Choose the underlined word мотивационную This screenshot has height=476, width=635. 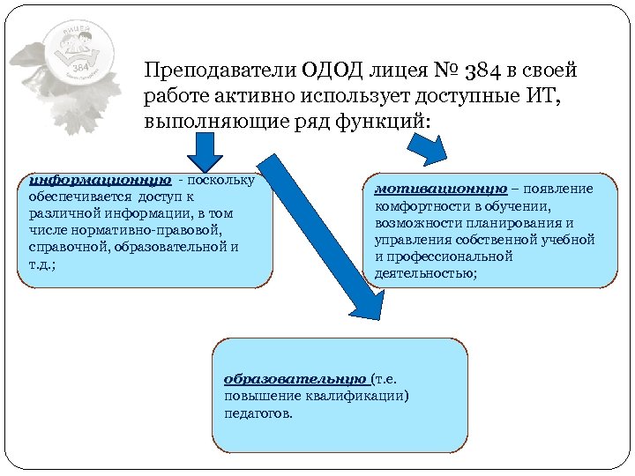click(441, 189)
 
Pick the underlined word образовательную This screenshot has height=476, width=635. click(295, 379)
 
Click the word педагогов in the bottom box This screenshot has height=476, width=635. click(257, 413)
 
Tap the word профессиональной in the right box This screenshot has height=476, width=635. click(450, 257)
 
